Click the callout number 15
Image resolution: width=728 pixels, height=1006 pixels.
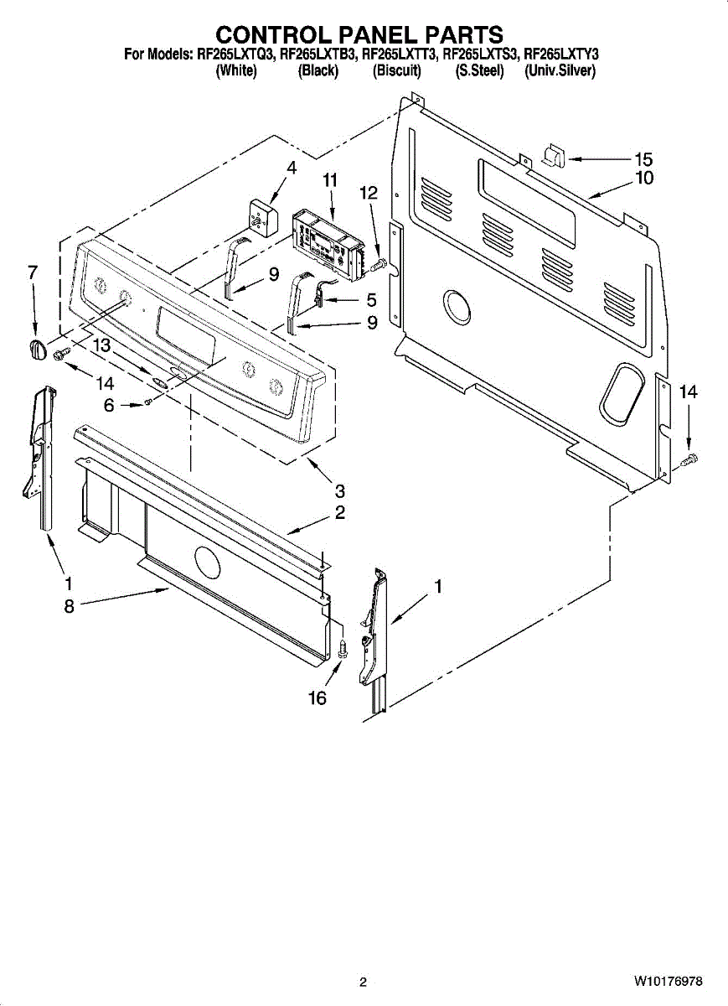pos(643,159)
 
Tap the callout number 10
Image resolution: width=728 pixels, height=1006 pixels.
pos(644,178)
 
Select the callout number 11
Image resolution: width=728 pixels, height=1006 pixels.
pos(330,179)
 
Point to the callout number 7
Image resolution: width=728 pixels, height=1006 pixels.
pos(33,272)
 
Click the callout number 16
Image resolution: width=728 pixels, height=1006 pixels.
pos(318,697)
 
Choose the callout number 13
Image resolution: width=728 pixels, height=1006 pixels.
pos(101,344)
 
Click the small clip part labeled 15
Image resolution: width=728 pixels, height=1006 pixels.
pos(554,156)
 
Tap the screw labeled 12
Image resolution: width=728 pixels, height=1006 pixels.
pos(377,265)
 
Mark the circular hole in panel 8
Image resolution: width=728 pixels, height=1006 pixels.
pos(205,561)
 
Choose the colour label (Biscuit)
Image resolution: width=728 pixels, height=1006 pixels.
pos(396,71)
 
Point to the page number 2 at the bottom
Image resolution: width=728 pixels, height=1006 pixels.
pos(364,982)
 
